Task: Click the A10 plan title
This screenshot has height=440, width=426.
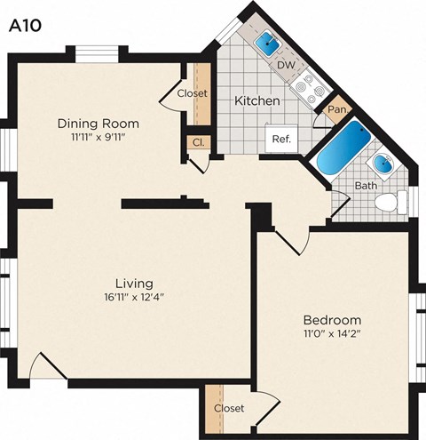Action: (x=27, y=26)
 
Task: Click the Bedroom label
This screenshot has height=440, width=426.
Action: (x=332, y=320)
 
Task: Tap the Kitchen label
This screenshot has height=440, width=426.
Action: (x=256, y=101)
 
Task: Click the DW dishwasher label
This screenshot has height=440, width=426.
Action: (x=286, y=65)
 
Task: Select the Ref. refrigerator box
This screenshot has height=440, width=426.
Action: (x=281, y=139)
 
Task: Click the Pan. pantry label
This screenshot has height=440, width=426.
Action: (x=336, y=110)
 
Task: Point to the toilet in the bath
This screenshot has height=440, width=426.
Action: (x=388, y=203)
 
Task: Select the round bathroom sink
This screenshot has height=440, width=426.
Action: (x=383, y=164)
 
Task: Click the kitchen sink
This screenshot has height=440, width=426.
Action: (x=266, y=43)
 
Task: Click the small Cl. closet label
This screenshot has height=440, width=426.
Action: (x=196, y=141)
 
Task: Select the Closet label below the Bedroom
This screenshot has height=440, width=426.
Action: (x=229, y=408)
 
